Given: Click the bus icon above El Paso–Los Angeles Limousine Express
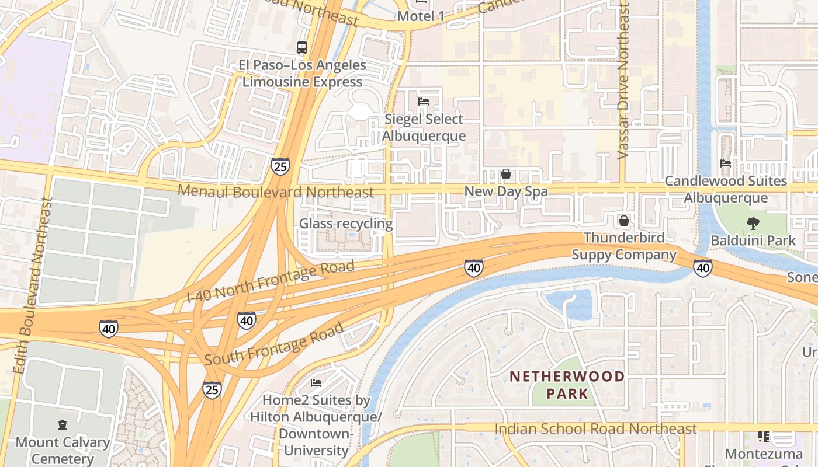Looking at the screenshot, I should pos(301,48).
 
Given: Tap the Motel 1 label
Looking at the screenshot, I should pos(421,16).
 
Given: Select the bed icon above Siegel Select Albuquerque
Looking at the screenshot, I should pos(424,102).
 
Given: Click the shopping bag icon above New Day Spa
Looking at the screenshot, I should pos(506,174).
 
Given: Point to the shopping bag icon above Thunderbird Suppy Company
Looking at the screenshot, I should pos(624,221).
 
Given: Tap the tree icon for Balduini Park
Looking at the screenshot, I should pos(753,222).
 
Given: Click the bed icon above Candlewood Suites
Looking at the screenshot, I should pos(726,163).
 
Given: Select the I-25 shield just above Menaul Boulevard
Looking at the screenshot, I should pos(280,167).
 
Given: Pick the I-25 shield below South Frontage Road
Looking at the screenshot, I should pos(212,389).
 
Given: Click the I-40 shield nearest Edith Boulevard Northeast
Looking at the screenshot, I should pos(108,329).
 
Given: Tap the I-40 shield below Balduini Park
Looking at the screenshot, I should pos(702,267).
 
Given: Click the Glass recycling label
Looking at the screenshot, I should pos(346,224).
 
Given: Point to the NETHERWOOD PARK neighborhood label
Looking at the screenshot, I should pos(567,385).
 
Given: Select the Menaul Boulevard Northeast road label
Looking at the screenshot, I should pos(275,191).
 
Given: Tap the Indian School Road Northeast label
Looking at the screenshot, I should pos(595,429).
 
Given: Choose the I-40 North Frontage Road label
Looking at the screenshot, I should pos(271,281).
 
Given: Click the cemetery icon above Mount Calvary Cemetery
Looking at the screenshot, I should pos(63,425).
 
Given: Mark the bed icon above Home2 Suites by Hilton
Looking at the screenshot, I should pos(316,383).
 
